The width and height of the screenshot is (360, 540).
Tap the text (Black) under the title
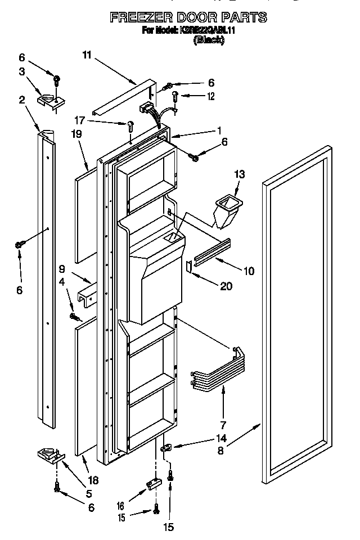(209, 40)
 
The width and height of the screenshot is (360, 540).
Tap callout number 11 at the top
(86, 55)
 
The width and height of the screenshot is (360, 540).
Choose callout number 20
(226, 286)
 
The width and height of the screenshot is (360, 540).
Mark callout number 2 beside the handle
(22, 100)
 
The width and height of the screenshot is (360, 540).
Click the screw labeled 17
(130, 126)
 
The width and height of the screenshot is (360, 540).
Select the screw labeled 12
(175, 97)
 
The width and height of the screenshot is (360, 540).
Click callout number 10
(247, 271)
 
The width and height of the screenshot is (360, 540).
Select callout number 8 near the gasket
(220, 450)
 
